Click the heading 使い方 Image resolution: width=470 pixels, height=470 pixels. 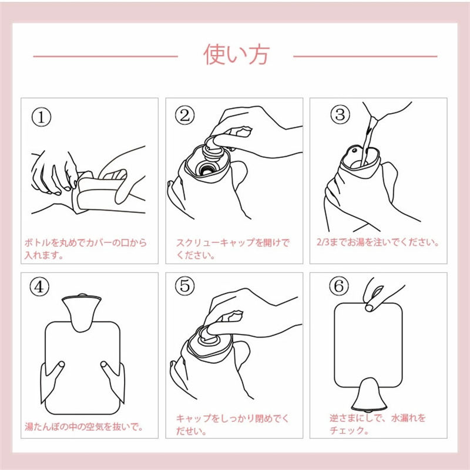[x=237, y=54]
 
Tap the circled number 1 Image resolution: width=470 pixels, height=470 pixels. [x=41, y=117]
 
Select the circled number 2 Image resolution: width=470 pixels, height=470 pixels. [x=185, y=115]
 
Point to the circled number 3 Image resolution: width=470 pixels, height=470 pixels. [x=340, y=114]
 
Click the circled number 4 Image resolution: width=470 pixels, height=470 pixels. [x=39, y=287]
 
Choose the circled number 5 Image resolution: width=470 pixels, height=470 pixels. [x=185, y=285]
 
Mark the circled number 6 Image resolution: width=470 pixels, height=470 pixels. [x=339, y=285]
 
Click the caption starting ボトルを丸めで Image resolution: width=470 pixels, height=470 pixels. [x=85, y=249]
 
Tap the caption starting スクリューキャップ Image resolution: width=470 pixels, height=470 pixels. [x=233, y=249]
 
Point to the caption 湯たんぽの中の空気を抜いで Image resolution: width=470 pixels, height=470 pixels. [x=84, y=426]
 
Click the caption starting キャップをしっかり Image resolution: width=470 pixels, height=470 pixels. [x=232, y=424]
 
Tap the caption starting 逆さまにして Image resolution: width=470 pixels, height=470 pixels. [x=378, y=424]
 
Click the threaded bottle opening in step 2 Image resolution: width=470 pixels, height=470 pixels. [x=205, y=169]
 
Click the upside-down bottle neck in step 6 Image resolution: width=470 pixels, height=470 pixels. [x=369, y=395]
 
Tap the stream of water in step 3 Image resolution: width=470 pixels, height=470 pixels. [x=368, y=141]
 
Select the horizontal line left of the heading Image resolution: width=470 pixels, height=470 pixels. [x=106, y=56]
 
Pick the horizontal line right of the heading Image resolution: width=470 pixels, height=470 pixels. [x=365, y=56]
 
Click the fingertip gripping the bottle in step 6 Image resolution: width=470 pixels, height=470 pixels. [x=369, y=307]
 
